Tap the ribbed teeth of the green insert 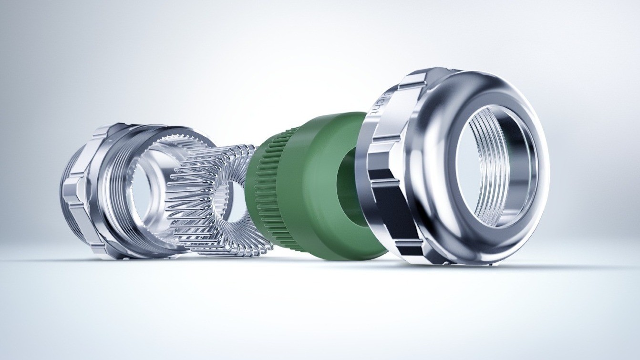click(272, 191)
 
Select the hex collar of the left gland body click(79, 191)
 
